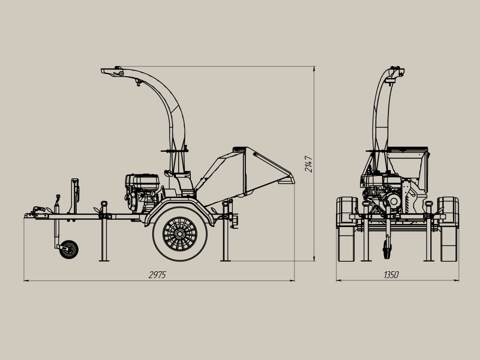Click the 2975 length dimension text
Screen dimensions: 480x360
[157, 275]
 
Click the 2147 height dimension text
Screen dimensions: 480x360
[308, 164]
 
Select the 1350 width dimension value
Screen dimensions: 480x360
[391, 275]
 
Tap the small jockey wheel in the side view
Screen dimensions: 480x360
[69, 250]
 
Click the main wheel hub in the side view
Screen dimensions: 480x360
[180, 234]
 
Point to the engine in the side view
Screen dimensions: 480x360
[143, 193]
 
